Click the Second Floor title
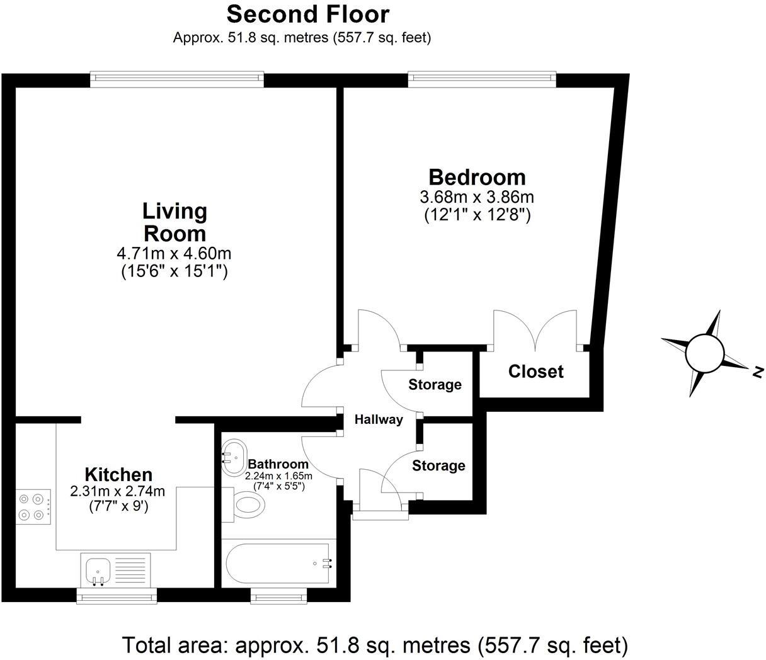pyautogui.click(x=308, y=14)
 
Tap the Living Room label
pyautogui.click(x=174, y=222)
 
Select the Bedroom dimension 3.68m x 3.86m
pyautogui.click(x=477, y=197)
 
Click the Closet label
pyautogui.click(x=535, y=372)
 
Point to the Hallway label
pyautogui.click(x=378, y=420)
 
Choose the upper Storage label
pyautogui.click(x=435, y=384)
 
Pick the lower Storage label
pyautogui.click(x=438, y=465)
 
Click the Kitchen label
pyautogui.click(x=118, y=474)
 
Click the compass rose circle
pyautogui.click(x=704, y=353)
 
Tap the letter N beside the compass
pyautogui.click(x=758, y=372)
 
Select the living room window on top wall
pyautogui.click(x=176, y=78)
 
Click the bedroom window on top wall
pyautogui.click(x=482, y=78)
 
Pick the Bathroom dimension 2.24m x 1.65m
pyautogui.click(x=278, y=476)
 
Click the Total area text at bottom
pyautogui.click(x=375, y=646)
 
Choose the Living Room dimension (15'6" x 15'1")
pyautogui.click(x=174, y=271)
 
